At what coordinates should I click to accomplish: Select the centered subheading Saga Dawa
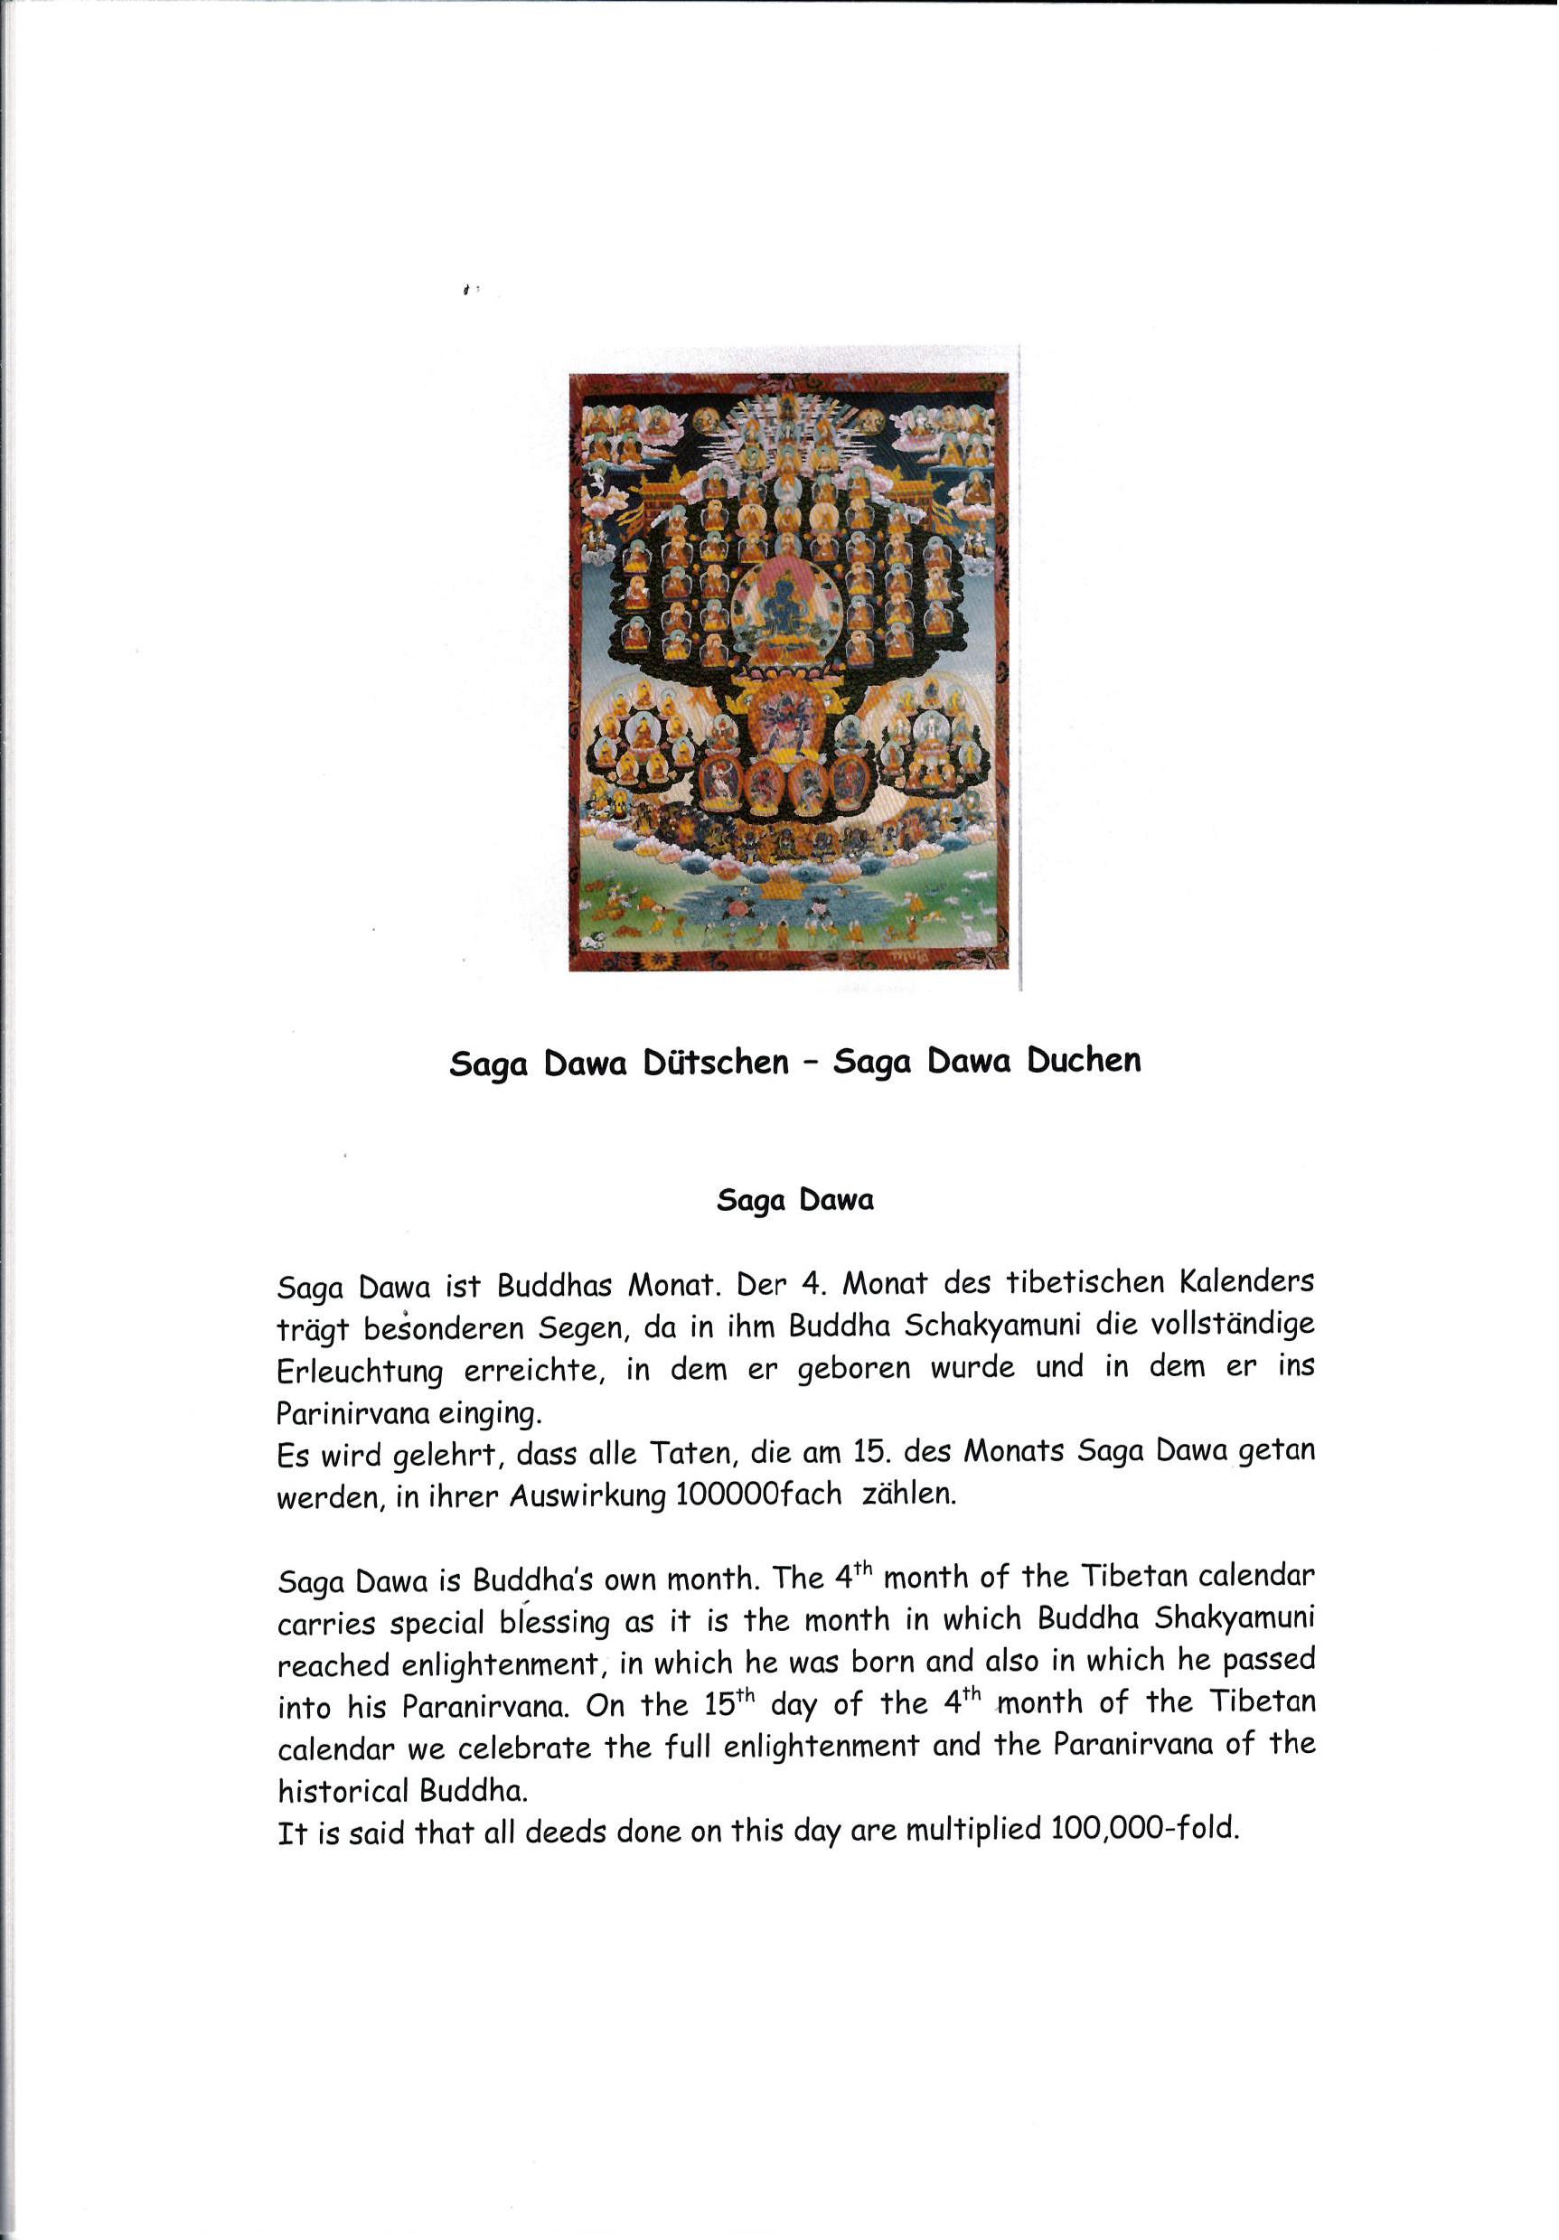click(x=794, y=1200)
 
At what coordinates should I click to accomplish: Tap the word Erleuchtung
click(x=359, y=1372)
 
